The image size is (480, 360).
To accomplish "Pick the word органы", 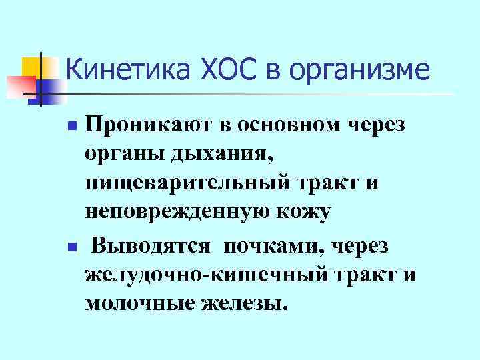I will (x=119, y=155).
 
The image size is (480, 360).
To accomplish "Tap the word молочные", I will (x=136, y=303).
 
